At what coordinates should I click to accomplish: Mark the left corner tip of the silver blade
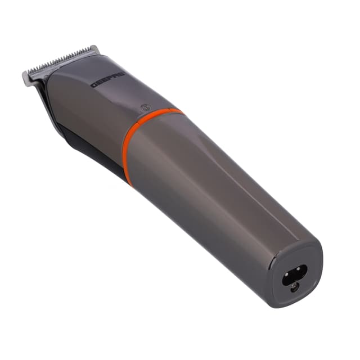(x=25, y=78)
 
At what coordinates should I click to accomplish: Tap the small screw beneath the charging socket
(x=294, y=287)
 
